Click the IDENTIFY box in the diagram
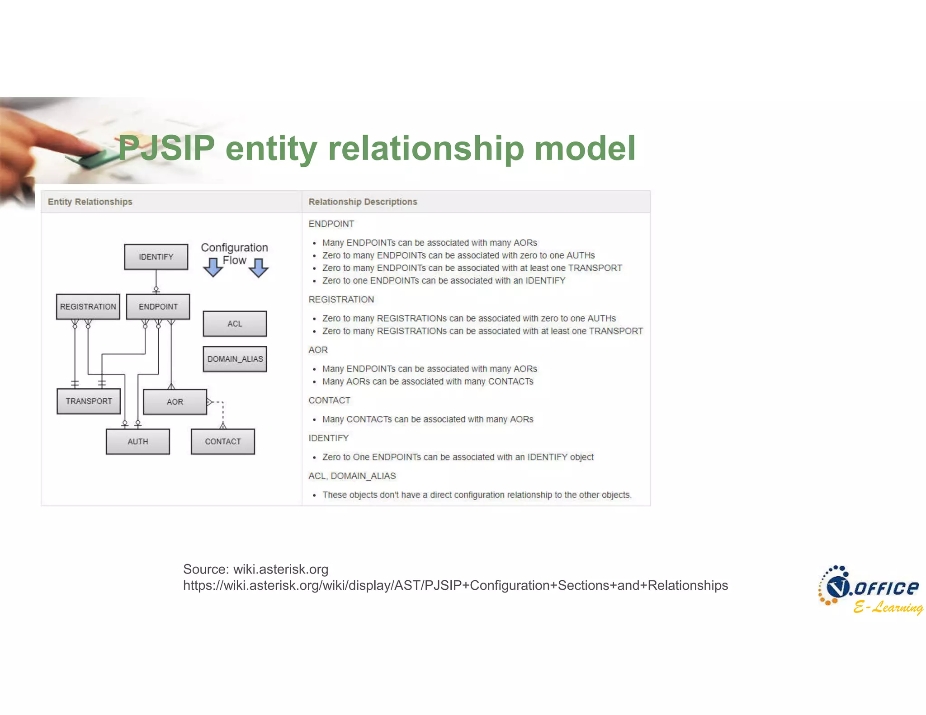click(x=156, y=257)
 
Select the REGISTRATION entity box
click(x=88, y=306)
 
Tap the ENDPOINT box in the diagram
click(x=158, y=306)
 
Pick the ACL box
click(x=235, y=324)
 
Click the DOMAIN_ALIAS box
click(x=235, y=359)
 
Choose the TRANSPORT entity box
click(x=89, y=401)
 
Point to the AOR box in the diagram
click(x=175, y=402)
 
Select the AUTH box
click(x=137, y=442)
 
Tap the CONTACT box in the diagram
click(x=222, y=442)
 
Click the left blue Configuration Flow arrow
click(x=213, y=267)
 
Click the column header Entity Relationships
click(x=90, y=202)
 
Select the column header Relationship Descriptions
click(x=363, y=202)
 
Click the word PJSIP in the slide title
click(x=166, y=148)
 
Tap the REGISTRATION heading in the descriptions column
click(x=341, y=299)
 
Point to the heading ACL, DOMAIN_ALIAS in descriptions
click(x=352, y=476)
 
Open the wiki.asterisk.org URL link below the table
click(x=455, y=585)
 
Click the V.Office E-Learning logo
click(x=870, y=590)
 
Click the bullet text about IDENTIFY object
click(x=458, y=457)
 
